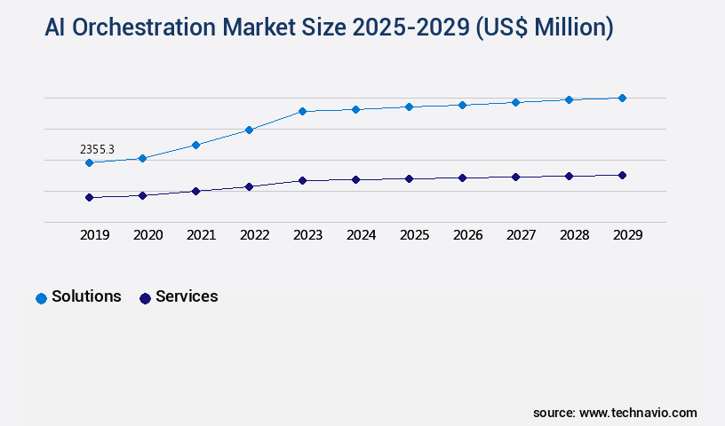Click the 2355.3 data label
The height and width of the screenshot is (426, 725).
97,149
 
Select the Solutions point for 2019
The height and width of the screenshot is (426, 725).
89,162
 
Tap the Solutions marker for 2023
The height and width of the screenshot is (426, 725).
302,111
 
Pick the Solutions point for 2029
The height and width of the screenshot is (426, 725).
622,98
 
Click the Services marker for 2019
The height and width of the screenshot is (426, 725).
89,197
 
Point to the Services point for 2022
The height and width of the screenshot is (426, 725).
249,186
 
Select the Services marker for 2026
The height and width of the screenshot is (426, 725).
462,177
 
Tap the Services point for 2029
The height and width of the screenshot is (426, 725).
622,175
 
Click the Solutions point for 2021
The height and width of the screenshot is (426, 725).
195,145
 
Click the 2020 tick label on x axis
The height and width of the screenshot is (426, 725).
147,235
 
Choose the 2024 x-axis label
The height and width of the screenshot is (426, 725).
361,235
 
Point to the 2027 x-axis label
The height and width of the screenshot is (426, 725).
521,235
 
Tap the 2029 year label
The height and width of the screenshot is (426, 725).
627,235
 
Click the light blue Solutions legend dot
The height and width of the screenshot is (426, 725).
41,298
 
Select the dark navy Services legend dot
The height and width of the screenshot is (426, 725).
145,298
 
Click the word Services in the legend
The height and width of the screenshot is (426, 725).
187,297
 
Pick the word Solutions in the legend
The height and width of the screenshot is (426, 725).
86,297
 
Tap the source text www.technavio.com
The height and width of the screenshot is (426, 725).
638,413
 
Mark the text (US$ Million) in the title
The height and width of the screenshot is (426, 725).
545,28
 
